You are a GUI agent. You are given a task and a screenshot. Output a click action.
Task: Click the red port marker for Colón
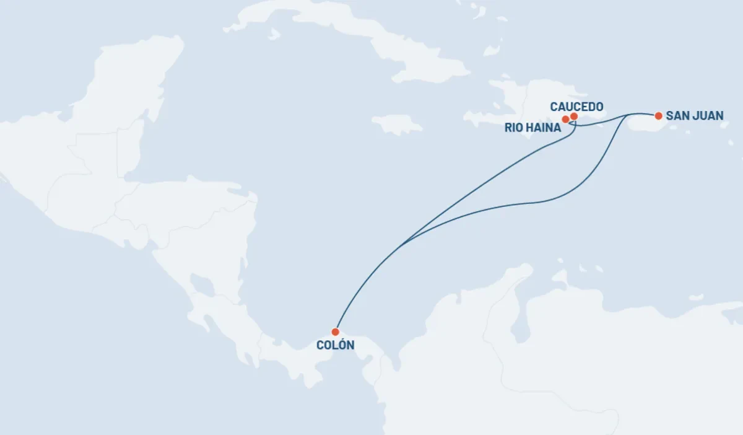(x=335, y=332)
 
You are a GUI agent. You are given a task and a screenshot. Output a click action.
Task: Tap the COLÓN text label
(x=335, y=345)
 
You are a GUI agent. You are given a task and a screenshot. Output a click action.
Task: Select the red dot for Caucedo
(x=574, y=116)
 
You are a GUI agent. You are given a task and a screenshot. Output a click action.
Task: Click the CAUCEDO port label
(x=576, y=107)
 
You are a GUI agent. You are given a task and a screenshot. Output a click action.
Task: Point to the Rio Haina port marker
(x=565, y=119)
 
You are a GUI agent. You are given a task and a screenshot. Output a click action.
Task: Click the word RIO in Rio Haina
(x=515, y=128)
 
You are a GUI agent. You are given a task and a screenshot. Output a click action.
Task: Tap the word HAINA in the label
(x=544, y=128)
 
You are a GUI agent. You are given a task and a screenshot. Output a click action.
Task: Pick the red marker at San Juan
(x=658, y=115)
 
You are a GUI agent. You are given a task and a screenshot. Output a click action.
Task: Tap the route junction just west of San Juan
(x=630, y=115)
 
